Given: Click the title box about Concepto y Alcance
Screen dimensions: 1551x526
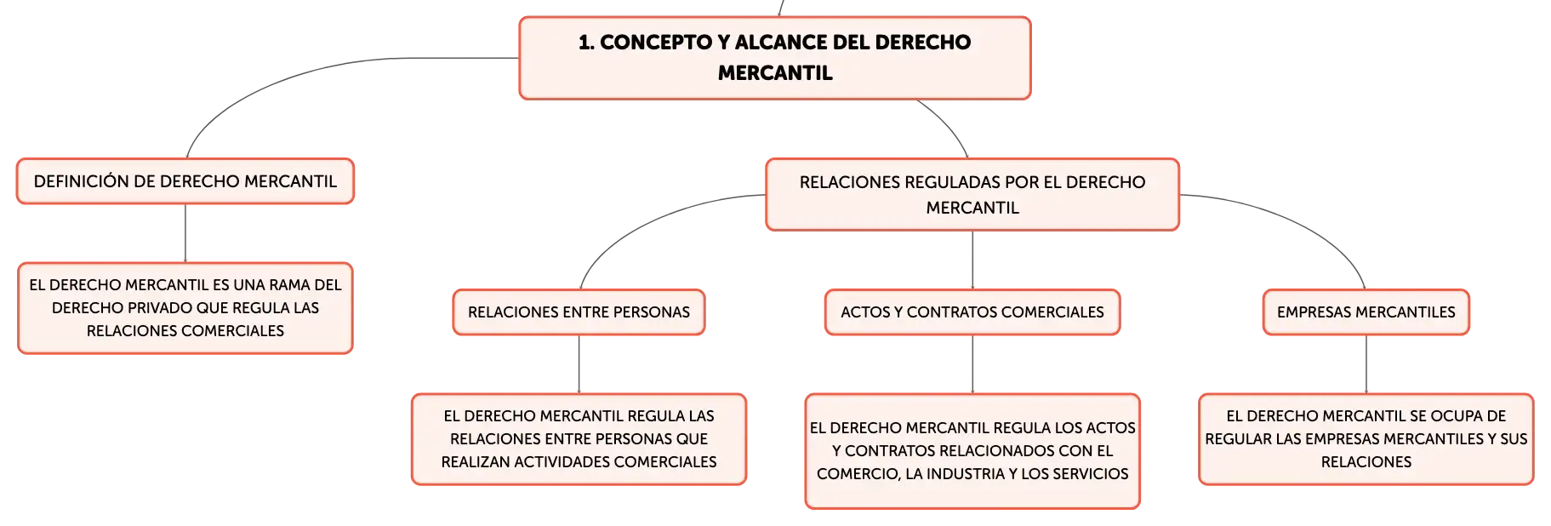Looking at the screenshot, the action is (775, 58).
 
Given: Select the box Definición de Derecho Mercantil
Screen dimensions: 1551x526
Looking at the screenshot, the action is (185, 181).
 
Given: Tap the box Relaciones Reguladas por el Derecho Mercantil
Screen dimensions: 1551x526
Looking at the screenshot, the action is (972, 194).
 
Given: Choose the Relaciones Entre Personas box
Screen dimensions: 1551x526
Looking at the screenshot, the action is (579, 312).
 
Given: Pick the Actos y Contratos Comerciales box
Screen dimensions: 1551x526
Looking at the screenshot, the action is (972, 312).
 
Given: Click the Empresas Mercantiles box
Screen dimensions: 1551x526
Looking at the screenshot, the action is (1366, 312).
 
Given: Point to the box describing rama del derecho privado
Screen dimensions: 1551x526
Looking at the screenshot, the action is (185, 308).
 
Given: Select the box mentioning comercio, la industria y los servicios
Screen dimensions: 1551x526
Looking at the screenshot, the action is (972, 451).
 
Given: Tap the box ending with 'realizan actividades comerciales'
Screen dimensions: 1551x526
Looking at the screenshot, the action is (579, 439).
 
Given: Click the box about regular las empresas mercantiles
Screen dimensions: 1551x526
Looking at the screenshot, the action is (1366, 439).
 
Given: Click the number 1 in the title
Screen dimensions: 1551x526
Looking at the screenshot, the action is (585, 43).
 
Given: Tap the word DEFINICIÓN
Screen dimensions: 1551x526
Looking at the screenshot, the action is (82, 181).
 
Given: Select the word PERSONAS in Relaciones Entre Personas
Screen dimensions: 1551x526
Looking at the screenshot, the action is (652, 312).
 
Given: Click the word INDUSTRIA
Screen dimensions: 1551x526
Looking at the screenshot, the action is (966, 474).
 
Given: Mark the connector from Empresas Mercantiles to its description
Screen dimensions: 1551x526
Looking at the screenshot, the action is (1366, 364).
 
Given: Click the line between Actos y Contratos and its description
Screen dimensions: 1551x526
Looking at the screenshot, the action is (972, 364).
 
